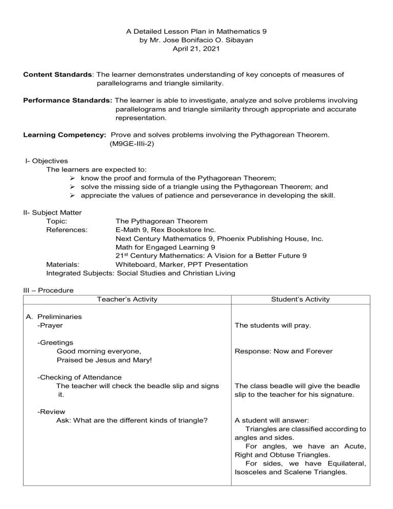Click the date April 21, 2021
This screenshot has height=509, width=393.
point(196,49)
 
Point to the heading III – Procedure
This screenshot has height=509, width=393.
point(48,290)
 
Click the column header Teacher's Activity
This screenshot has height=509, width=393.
point(126,299)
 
